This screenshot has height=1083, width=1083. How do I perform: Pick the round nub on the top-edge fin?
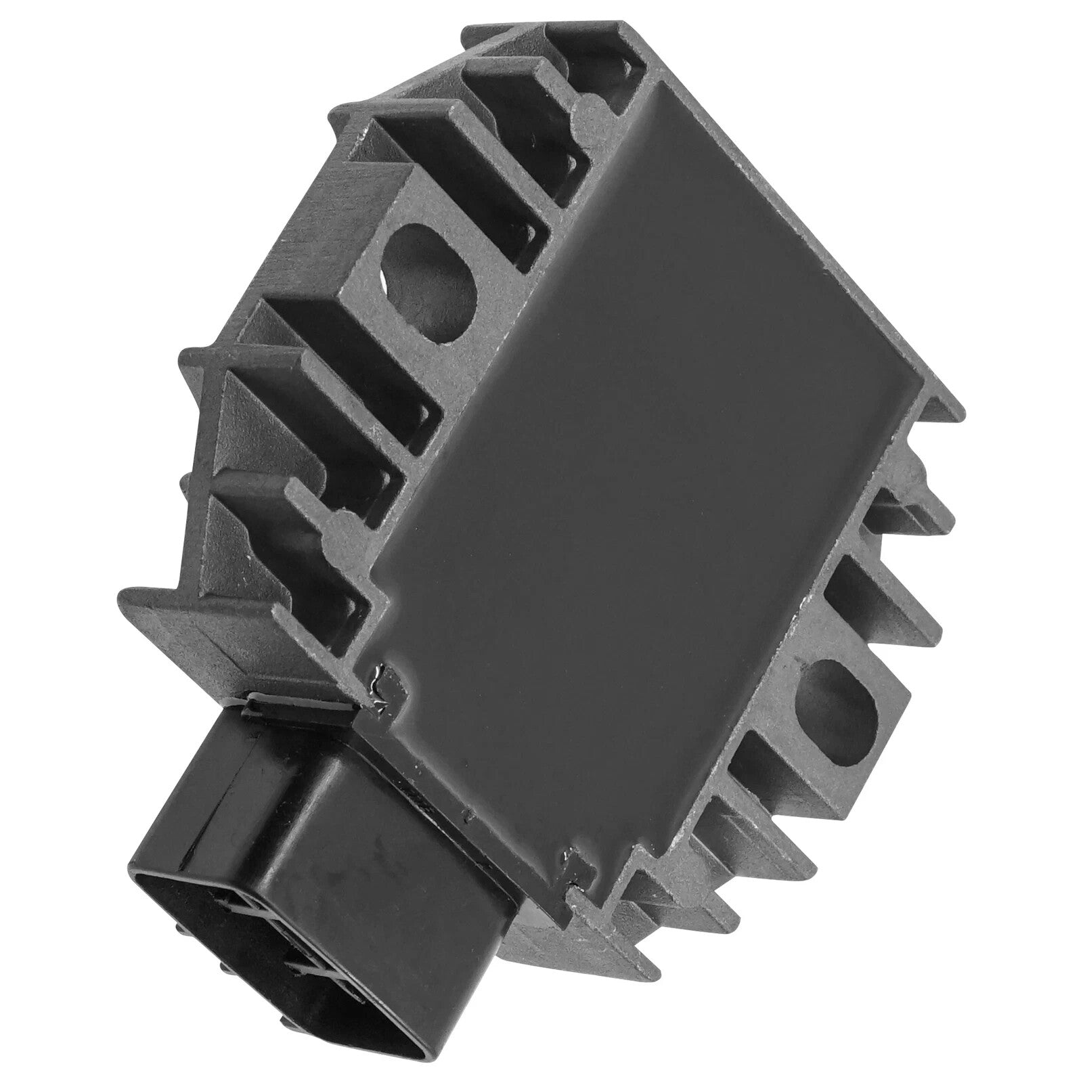(x=588, y=108)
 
